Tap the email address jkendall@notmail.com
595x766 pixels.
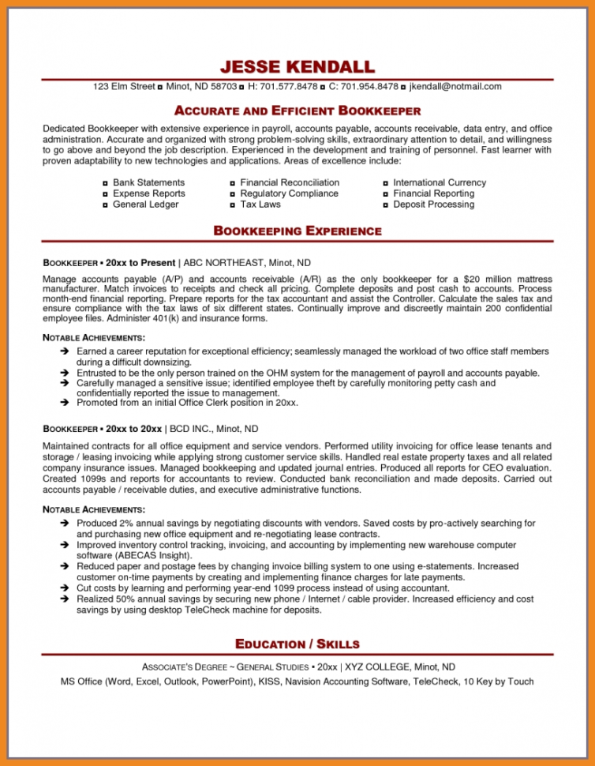click(455, 87)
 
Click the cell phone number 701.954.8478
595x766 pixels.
click(369, 87)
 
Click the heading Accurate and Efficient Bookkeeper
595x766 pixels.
click(297, 111)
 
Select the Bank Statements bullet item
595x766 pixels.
click(148, 182)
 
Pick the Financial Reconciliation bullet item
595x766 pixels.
click(290, 182)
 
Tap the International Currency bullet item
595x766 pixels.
click(440, 182)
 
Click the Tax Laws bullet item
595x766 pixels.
click(260, 205)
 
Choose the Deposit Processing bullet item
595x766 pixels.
click(434, 205)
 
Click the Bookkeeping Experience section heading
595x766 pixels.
click(297, 231)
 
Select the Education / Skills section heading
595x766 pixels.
click(297, 644)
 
